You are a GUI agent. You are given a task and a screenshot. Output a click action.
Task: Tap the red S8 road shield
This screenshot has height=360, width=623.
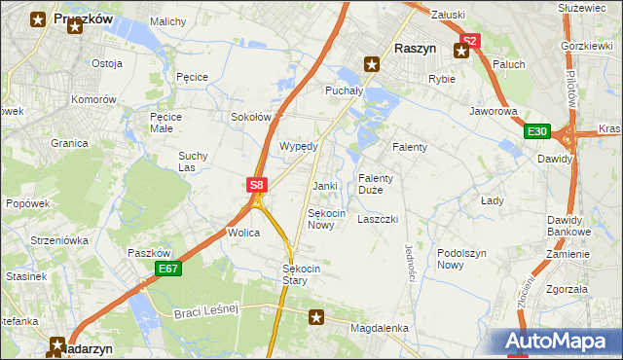(x=255, y=184)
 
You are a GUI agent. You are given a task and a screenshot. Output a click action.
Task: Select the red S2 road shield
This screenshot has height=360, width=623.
(x=470, y=41)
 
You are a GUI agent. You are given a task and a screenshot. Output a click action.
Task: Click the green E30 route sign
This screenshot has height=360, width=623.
(x=537, y=131)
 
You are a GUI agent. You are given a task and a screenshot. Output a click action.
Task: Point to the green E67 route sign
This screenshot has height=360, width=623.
(x=167, y=268)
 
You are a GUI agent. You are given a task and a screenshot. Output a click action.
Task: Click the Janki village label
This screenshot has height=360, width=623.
(x=324, y=186)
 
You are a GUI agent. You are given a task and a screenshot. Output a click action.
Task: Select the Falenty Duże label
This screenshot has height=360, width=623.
(x=375, y=184)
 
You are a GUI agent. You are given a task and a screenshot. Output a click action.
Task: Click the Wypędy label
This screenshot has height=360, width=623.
(x=299, y=146)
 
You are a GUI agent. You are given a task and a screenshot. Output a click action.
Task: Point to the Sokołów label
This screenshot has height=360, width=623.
(x=249, y=117)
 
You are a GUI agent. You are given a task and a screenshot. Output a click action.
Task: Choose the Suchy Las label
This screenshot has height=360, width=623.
(x=193, y=161)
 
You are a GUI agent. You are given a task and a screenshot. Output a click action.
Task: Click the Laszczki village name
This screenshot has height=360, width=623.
(x=378, y=220)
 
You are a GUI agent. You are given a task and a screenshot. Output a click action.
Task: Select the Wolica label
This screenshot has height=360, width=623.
(x=242, y=234)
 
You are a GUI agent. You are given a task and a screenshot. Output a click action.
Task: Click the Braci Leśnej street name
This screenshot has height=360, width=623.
(x=206, y=311)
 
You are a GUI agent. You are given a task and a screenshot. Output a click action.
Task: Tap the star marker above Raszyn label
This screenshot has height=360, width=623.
(x=371, y=65)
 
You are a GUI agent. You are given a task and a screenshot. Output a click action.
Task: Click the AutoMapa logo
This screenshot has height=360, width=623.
(x=559, y=342)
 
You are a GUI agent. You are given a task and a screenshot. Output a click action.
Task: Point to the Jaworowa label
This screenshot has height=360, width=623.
(x=493, y=112)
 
